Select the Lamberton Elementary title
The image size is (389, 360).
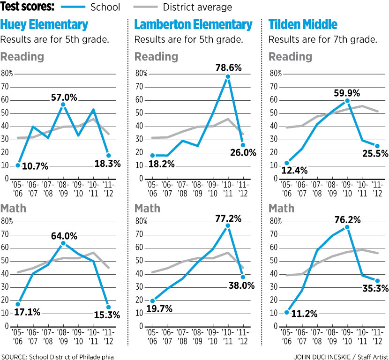click(x=193, y=25)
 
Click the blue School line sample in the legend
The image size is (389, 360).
click(x=73, y=7)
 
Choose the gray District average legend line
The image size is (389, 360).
click(x=145, y=7)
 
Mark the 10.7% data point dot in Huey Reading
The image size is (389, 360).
click(x=18, y=165)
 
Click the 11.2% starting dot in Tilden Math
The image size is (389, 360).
click(x=287, y=312)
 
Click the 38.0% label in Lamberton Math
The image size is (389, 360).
click(x=242, y=285)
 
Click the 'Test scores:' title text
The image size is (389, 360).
click(x=28, y=7)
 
